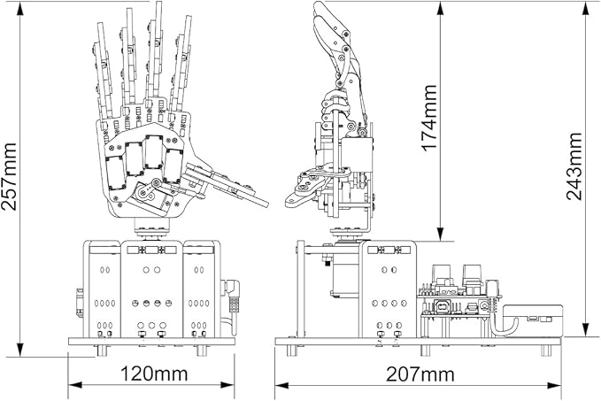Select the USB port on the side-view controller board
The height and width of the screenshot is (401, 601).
pos(443,307)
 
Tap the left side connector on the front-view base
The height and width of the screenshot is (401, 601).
pos(79,301)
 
